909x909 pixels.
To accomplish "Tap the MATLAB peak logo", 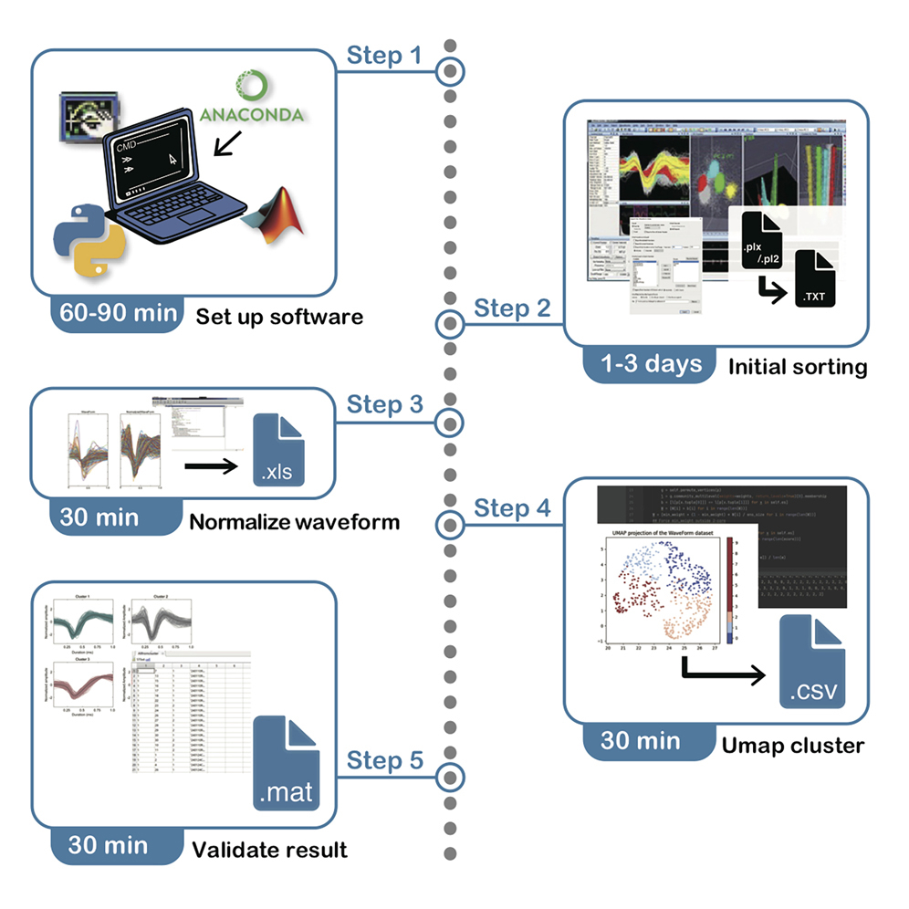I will pos(274,216).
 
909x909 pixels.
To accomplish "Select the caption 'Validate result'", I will pos(269,850).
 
